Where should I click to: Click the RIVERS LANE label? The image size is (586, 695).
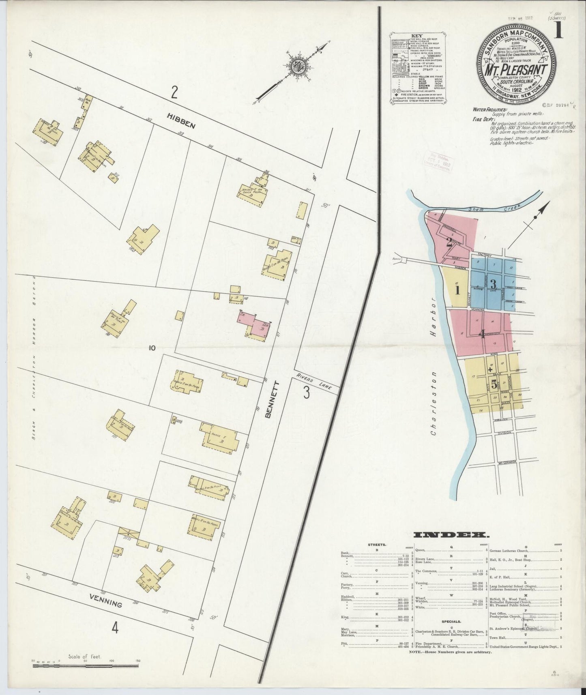(x=317, y=382)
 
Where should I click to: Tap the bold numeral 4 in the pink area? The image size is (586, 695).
(x=482, y=334)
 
